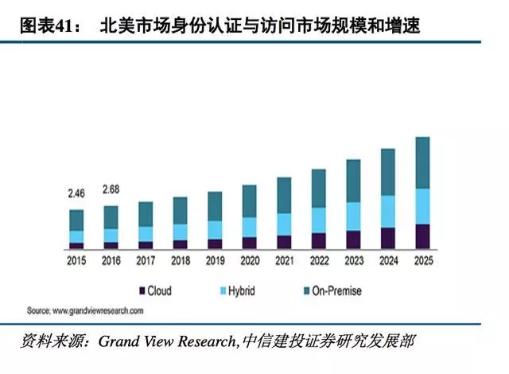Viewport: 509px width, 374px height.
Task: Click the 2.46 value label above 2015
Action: tap(76, 193)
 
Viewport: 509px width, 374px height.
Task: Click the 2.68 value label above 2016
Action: tap(111, 189)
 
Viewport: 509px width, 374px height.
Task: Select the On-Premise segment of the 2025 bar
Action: tap(423, 162)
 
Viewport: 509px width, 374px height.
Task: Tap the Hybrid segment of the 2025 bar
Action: tap(423, 206)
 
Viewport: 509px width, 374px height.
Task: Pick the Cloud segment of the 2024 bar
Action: tap(388, 238)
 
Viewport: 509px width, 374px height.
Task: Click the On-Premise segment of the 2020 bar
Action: tap(250, 201)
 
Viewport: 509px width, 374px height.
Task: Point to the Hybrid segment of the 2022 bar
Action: tap(319, 220)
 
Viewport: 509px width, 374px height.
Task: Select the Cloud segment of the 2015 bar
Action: tap(76, 245)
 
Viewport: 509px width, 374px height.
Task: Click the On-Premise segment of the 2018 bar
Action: tap(181, 210)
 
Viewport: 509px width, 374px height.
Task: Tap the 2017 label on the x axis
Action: tap(146, 260)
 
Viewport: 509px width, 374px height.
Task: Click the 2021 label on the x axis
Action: tap(284, 260)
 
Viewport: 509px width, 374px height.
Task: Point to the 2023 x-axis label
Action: tap(353, 260)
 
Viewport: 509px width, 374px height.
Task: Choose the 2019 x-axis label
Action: tap(215, 260)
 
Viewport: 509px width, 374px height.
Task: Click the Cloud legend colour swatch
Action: tap(143, 291)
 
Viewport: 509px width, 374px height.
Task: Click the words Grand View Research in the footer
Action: tap(166, 341)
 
